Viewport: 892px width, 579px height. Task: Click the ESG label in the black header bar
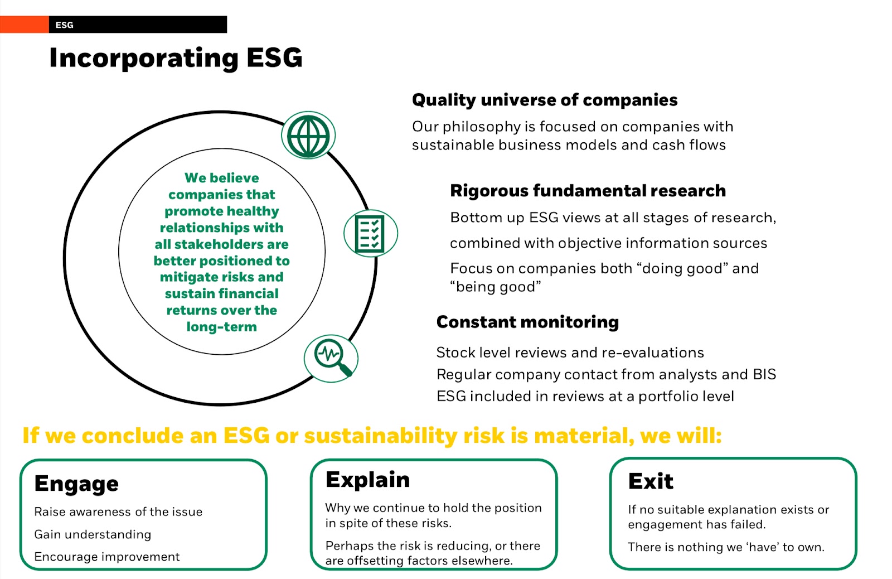(65, 25)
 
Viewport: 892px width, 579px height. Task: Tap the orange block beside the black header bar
(25, 25)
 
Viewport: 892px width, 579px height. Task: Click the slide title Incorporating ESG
(176, 58)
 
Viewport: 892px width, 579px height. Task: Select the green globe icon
(308, 136)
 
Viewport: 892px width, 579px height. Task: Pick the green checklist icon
(370, 234)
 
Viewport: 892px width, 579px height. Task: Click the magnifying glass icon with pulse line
(331, 358)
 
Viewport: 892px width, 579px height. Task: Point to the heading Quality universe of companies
(545, 100)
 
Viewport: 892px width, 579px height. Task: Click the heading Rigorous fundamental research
(588, 191)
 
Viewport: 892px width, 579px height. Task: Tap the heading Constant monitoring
(527, 322)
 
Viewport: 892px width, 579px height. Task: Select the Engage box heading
(76, 484)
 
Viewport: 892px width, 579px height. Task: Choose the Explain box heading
(367, 480)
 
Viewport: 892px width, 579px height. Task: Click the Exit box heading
(651, 481)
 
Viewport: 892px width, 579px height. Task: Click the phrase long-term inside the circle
(222, 327)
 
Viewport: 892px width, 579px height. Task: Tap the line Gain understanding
(93, 535)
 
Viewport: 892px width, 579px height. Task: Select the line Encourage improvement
(107, 557)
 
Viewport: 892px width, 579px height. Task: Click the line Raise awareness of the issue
(118, 512)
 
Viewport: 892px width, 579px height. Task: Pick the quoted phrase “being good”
(496, 287)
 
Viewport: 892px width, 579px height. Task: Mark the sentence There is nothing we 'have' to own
(726, 547)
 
